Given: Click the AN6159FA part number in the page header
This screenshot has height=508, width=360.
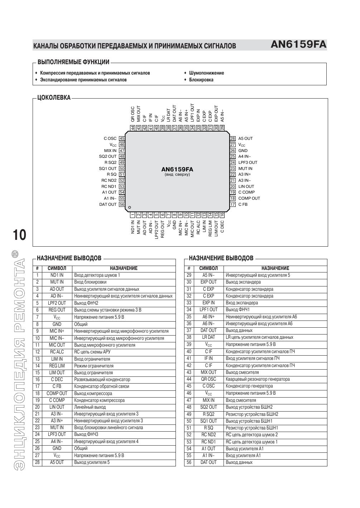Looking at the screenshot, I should (298, 44).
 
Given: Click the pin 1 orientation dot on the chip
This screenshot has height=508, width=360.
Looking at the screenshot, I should (130, 207).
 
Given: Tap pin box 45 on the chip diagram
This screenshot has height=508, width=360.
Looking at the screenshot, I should (122, 138).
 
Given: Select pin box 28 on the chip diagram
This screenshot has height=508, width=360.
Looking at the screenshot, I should (232, 138).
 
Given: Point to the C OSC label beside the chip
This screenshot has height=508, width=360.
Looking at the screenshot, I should (110, 138).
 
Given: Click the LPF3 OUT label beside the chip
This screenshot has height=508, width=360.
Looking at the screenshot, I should (248, 162).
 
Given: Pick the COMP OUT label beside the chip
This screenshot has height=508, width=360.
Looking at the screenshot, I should (249, 198).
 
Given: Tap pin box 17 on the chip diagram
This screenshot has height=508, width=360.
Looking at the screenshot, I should (232, 204).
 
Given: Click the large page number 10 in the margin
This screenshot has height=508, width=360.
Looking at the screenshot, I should (19, 235).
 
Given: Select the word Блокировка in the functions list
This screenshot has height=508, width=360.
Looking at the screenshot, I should (201, 80).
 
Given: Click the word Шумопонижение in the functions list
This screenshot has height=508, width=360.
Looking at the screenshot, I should (206, 73).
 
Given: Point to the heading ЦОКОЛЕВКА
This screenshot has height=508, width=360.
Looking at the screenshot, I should (54, 98).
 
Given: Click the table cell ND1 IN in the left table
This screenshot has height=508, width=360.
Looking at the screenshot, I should (57, 275).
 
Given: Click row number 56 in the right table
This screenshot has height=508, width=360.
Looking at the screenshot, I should (189, 462).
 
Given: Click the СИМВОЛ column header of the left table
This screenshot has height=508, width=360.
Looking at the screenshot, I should (57, 268).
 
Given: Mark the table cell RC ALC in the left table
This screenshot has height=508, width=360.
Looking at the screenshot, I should (57, 352).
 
